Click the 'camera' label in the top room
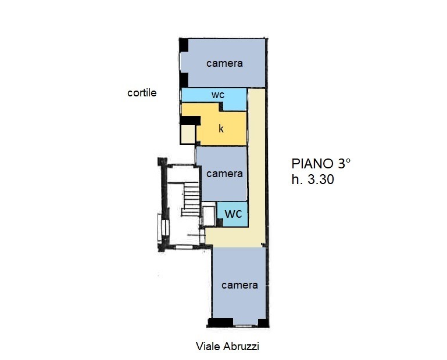pos(224,63)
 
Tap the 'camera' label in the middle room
pos(224,174)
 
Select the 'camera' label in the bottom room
pos(239,285)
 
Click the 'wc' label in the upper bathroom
pos(218,95)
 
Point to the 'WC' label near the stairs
pos(233,214)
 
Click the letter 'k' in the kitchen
pos(221,129)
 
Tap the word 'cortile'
pos(142,92)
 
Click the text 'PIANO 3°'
pos(321,163)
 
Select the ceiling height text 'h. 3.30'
pos(313,180)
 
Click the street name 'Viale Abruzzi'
pos(227,347)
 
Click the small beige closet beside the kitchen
pos(187,135)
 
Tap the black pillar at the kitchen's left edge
pos(190,120)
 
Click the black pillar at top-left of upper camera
pos(183,44)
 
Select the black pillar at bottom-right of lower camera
pos(263,323)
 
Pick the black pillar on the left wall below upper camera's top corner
pos(183,80)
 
